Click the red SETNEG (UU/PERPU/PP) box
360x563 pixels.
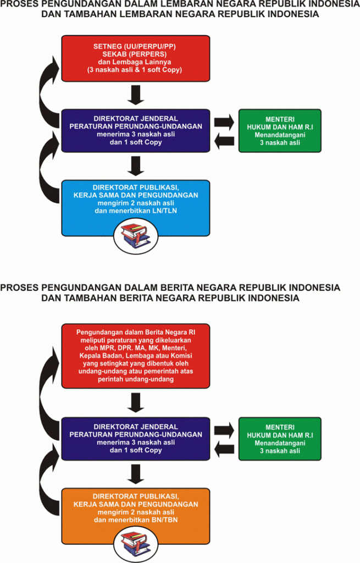tap(135, 58)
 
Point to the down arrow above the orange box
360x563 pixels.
tap(135, 474)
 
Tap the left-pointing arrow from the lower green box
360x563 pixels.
tap(224, 450)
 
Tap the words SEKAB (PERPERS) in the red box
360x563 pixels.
tap(135, 54)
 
